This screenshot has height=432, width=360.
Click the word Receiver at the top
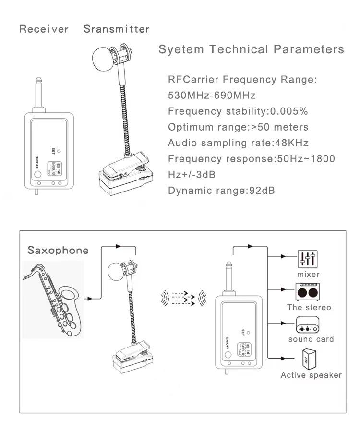click(x=44, y=29)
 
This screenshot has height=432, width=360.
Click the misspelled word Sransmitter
click(x=117, y=29)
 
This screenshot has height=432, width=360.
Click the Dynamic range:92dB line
click(x=221, y=191)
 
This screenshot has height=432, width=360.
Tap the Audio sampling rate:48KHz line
click(x=238, y=143)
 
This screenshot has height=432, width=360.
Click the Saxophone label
click(x=58, y=250)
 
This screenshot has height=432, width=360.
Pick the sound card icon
click(x=308, y=325)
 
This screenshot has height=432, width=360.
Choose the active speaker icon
click(x=308, y=358)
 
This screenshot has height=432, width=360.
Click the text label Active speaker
click(x=311, y=375)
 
